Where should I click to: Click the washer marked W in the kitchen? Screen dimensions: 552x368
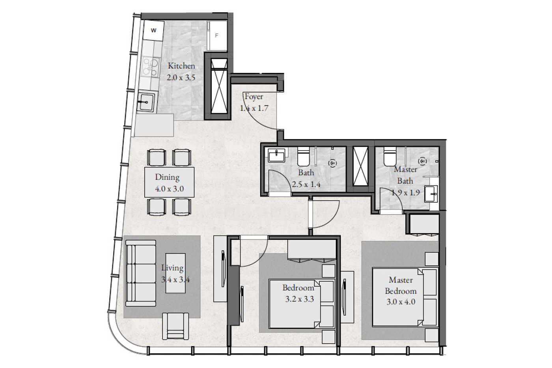tap(153, 30)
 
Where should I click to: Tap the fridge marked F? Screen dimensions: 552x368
tap(217, 35)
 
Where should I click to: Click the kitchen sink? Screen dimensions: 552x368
tap(146, 102)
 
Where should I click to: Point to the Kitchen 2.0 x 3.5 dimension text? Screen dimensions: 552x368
tap(181, 78)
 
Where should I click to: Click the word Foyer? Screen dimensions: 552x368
tap(254, 97)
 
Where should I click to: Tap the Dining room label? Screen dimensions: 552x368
tap(167, 177)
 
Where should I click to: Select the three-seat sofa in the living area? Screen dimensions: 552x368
tap(141, 273)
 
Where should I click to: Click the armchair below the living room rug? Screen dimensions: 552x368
tap(175, 326)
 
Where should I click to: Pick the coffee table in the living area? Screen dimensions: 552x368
tap(175, 273)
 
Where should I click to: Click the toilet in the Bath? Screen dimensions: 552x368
tap(303, 157)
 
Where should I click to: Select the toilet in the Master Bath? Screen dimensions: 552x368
tap(390, 157)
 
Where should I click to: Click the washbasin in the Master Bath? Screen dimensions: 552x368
tap(431, 194)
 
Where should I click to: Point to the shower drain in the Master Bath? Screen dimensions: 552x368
tap(423, 161)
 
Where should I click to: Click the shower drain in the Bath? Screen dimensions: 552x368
tap(333, 163)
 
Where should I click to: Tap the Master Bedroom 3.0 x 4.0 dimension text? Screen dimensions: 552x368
tap(401, 302)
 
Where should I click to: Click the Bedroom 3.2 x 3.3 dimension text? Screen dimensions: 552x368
tap(299, 299)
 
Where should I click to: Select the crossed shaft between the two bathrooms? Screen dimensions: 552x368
tap(360, 166)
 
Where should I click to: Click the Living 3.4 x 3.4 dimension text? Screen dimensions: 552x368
tap(175, 280)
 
